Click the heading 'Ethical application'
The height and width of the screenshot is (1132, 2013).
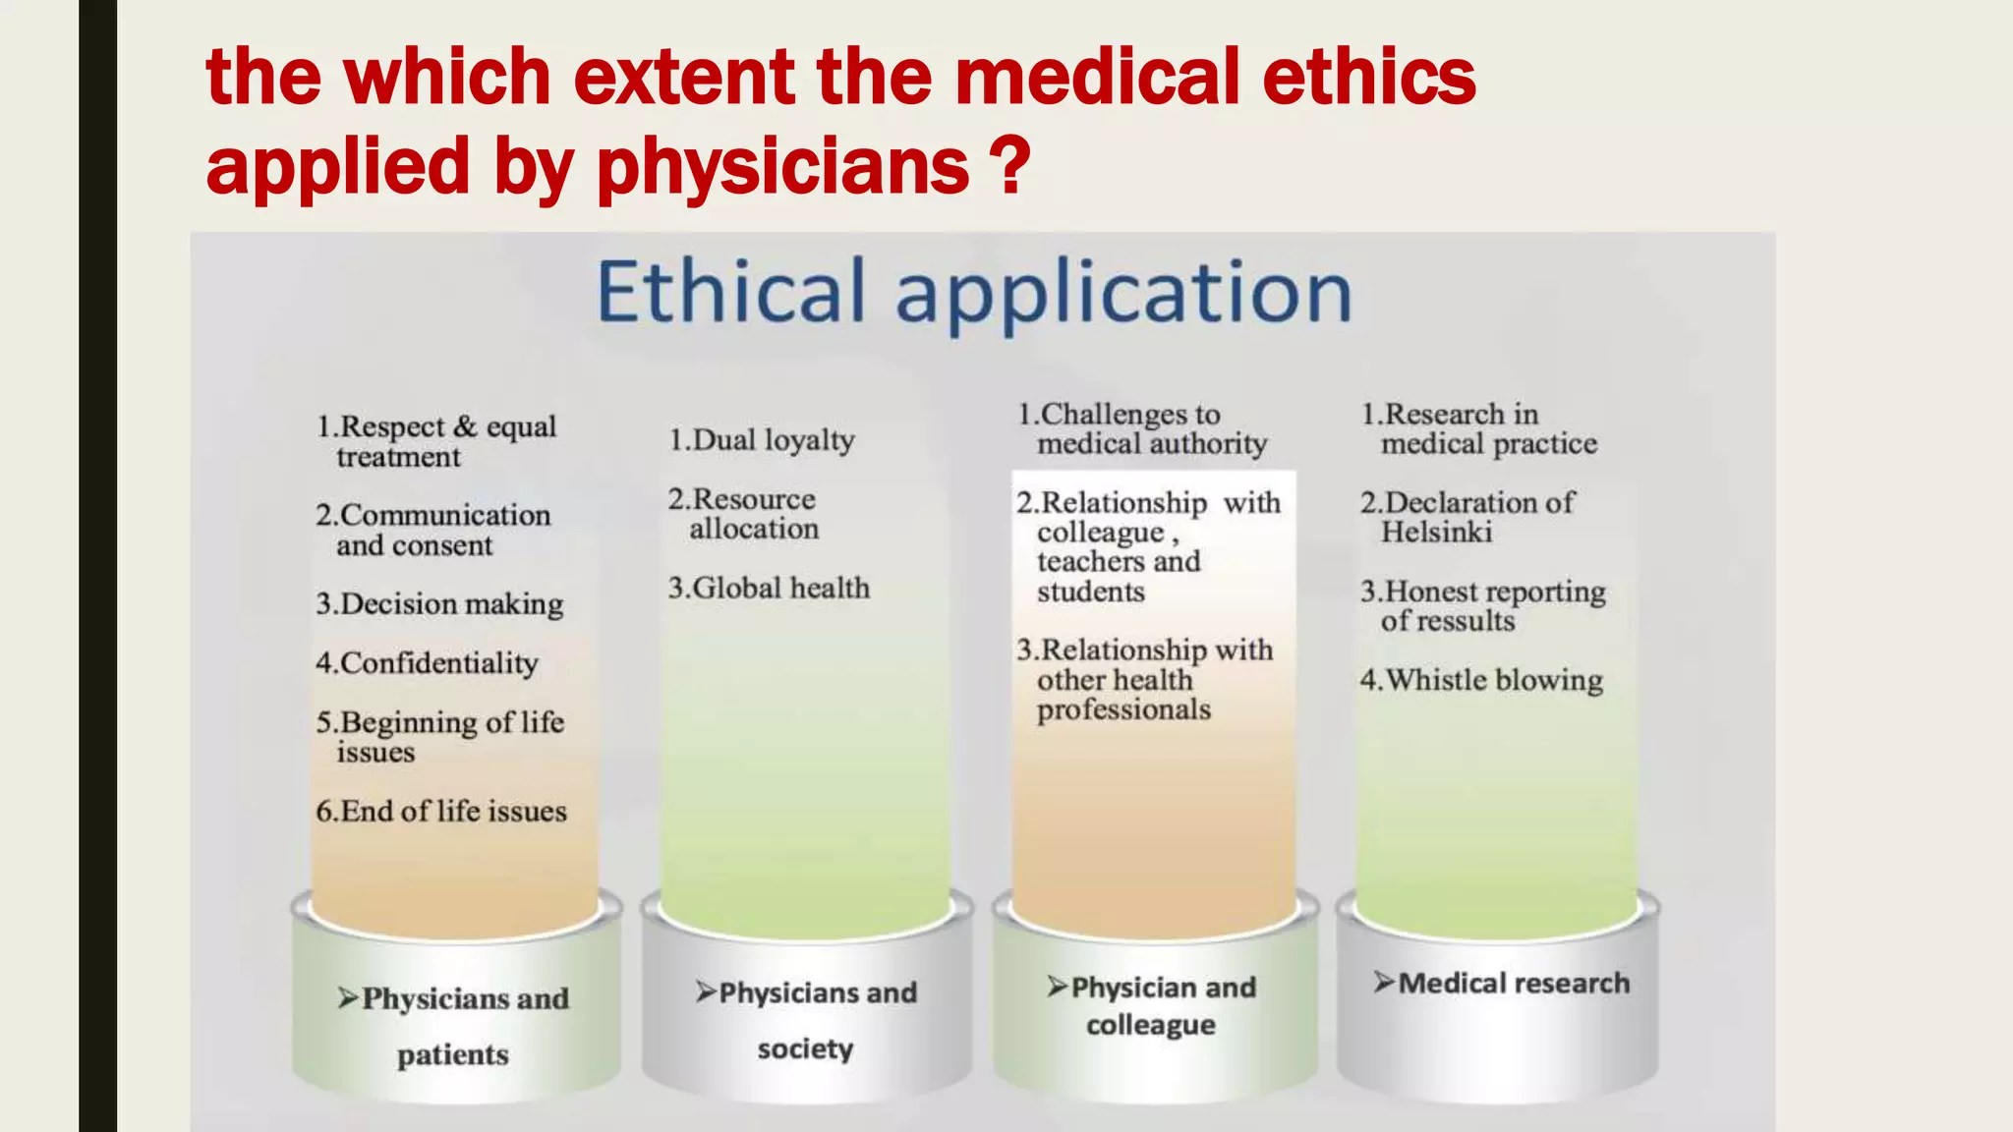(974, 292)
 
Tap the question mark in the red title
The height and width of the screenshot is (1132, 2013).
(1011, 165)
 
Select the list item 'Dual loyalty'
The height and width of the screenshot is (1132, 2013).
(762, 440)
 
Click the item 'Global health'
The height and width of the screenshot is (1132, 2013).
(770, 588)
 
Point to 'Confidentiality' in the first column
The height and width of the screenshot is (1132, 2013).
(428, 663)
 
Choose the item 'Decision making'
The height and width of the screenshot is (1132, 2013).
(440, 603)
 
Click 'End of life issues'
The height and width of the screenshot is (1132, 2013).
(441, 811)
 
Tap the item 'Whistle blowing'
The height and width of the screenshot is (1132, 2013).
(1481, 680)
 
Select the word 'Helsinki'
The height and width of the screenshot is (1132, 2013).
(1436, 533)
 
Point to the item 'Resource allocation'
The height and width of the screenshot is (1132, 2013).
(743, 514)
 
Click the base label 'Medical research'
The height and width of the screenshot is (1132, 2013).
(1514, 983)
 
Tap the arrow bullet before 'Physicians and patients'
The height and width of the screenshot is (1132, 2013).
(348, 998)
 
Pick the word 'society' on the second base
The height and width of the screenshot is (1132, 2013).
(805, 1048)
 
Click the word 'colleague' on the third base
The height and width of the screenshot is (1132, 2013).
(1151, 1025)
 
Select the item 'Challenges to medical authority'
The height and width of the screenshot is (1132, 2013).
(1142, 428)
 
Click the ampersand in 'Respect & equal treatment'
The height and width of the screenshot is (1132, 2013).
(465, 426)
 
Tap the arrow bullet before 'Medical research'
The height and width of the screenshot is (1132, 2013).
(1384, 983)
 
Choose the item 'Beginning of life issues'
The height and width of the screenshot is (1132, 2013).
(440, 737)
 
